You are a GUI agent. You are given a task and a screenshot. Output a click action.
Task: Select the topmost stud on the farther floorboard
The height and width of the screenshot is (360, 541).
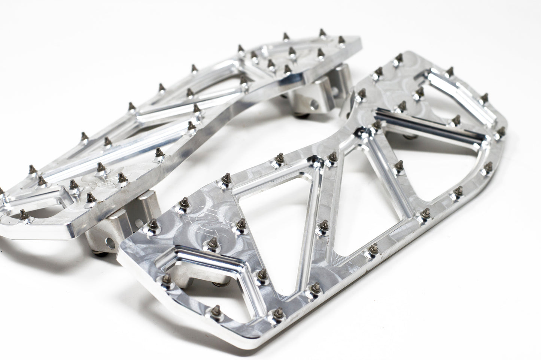coord(322,33)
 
